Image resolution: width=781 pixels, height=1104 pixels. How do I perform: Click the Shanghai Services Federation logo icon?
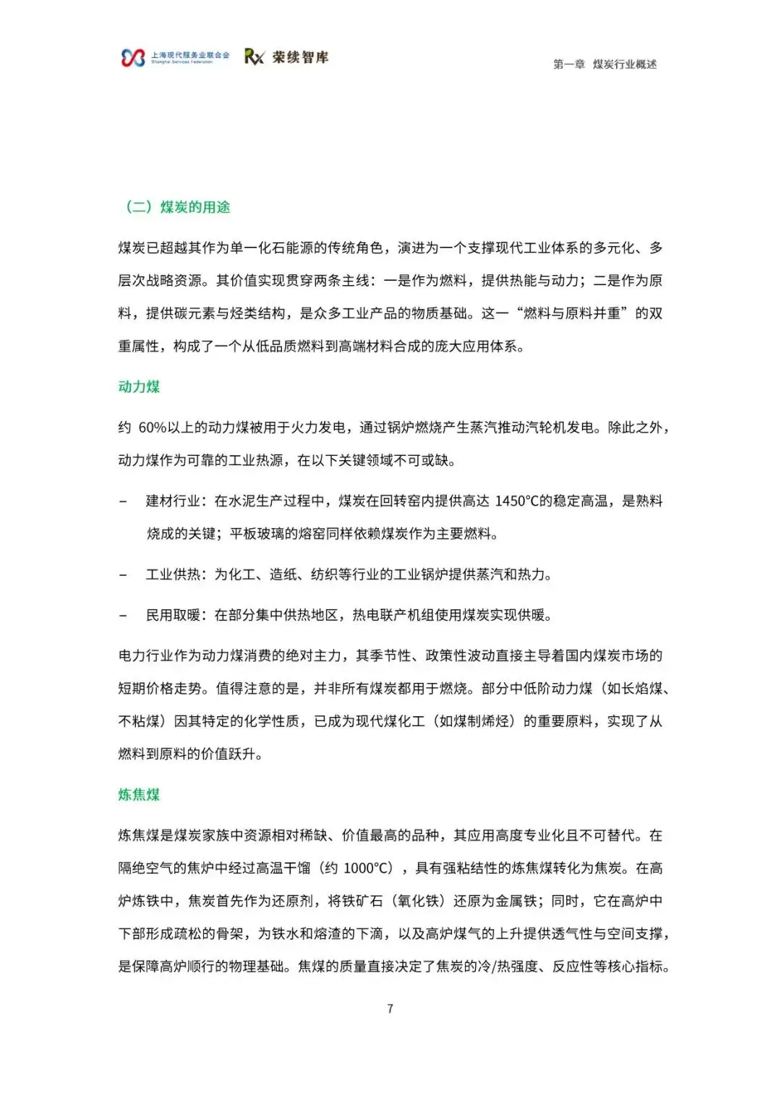tap(133, 58)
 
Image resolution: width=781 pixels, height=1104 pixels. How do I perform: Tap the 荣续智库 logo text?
tap(300, 57)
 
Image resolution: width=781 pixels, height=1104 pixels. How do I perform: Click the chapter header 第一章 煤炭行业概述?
tap(605, 64)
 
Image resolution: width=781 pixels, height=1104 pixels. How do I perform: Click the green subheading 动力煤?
tap(139, 387)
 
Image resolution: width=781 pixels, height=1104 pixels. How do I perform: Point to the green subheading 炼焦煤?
tap(139, 795)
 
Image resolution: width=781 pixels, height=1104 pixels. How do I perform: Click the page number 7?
tap(390, 1009)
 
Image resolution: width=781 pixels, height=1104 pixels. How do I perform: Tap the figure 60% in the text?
tap(152, 428)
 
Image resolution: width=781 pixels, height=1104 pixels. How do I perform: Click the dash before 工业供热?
tap(123, 575)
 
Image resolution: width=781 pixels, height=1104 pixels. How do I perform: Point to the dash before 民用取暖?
tap(123, 616)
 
